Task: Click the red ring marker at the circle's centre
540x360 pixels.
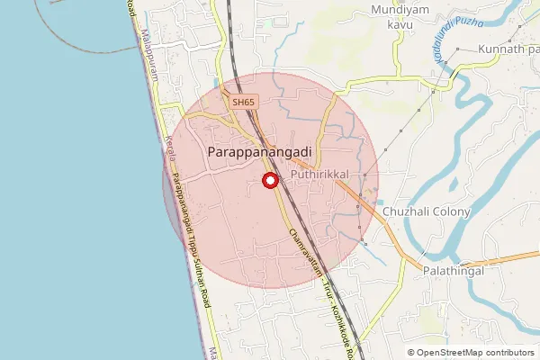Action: tap(268, 181)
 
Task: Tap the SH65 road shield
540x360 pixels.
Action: tap(243, 103)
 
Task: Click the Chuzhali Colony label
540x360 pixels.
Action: tap(427, 212)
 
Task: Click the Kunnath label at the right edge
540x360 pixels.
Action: tap(508, 49)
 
